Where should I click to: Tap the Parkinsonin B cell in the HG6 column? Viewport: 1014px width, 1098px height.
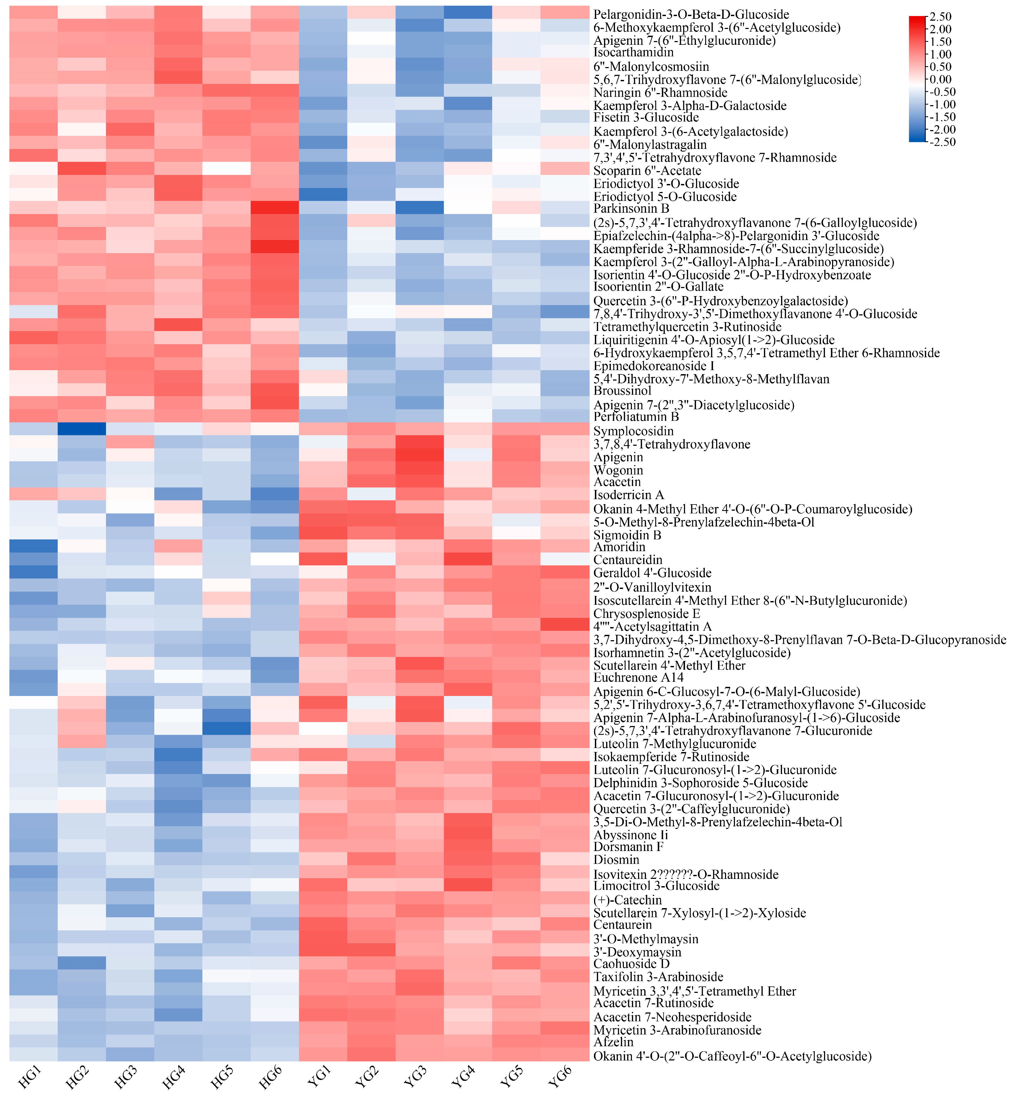click(275, 208)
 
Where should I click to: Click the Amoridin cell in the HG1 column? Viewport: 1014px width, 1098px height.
click(34, 546)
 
